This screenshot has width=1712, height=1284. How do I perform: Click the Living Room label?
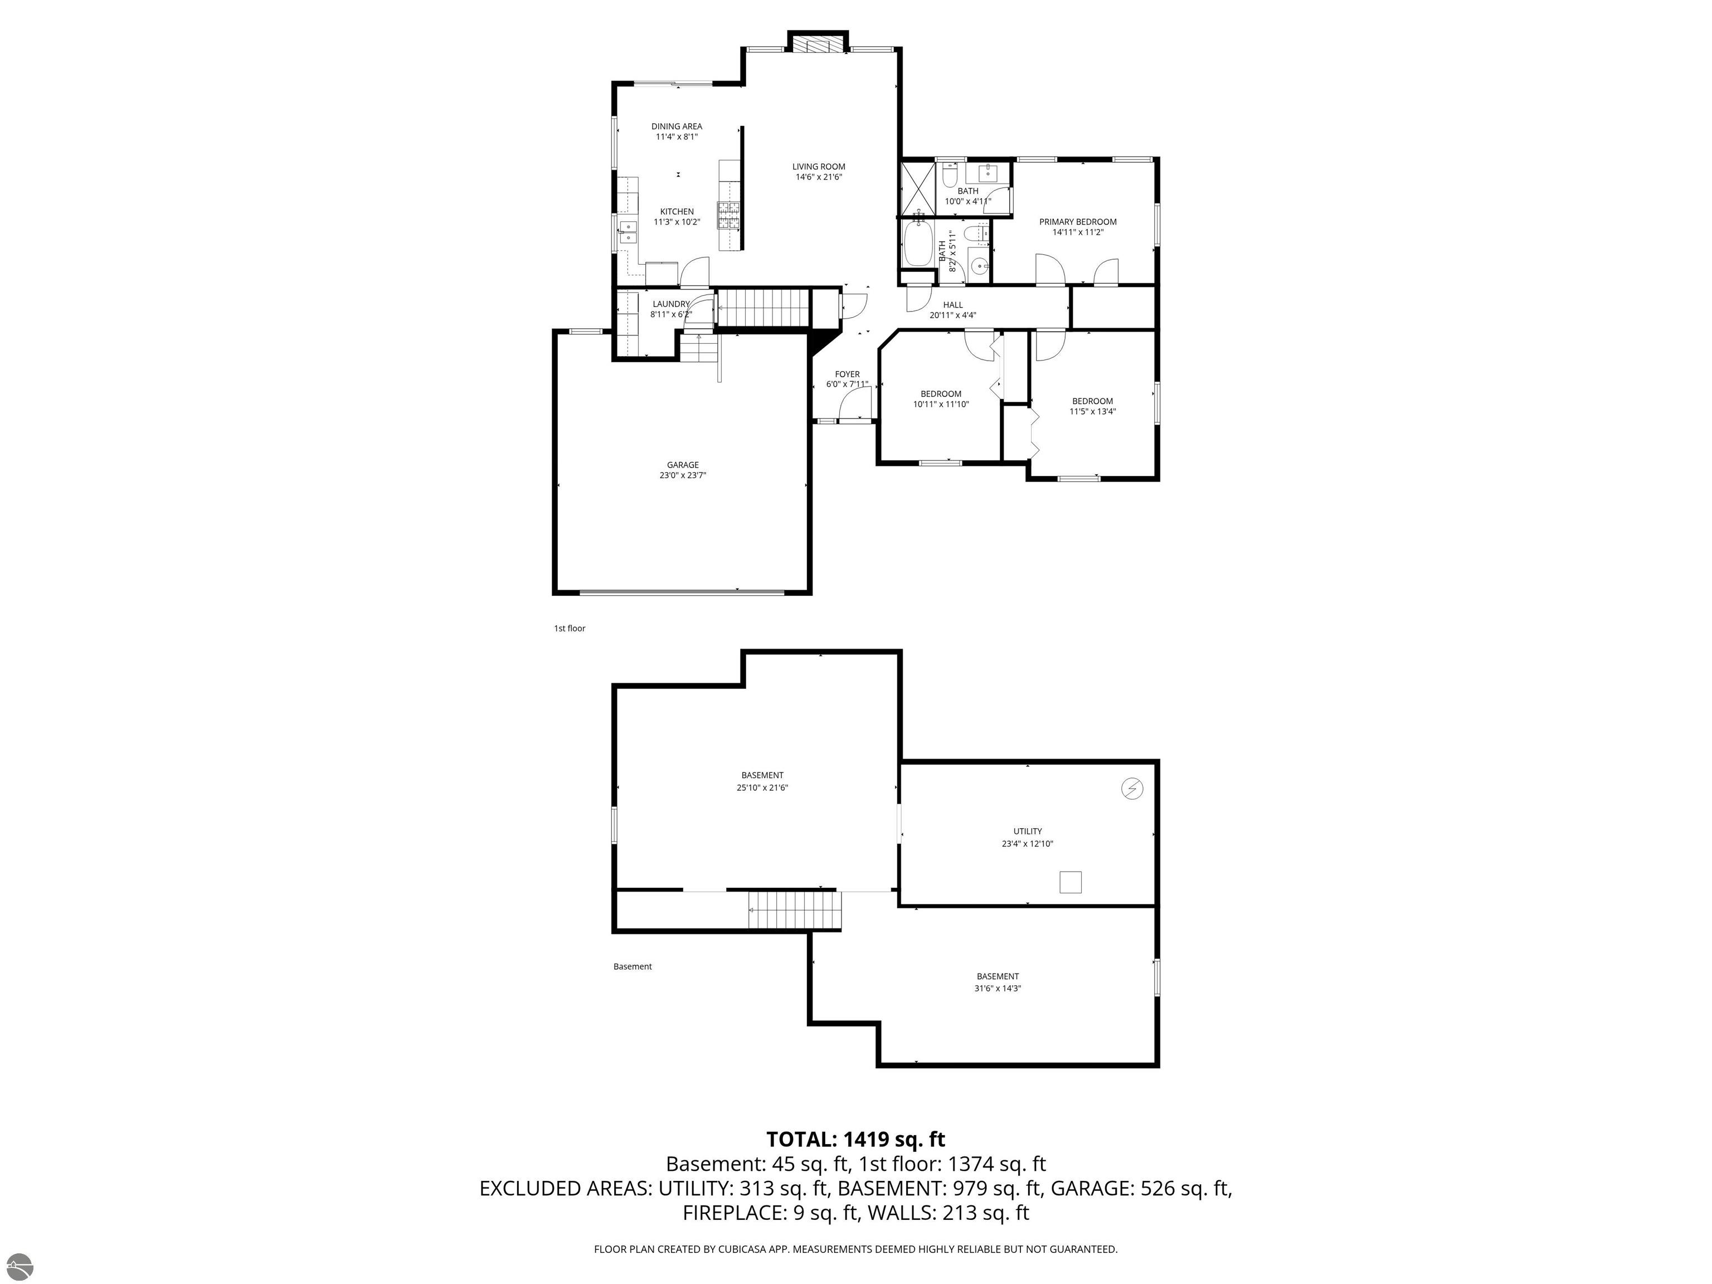(818, 167)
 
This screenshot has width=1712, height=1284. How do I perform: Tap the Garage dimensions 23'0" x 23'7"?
(683, 476)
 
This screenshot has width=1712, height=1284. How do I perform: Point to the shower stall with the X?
(918, 187)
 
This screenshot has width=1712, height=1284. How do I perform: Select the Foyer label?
(847, 374)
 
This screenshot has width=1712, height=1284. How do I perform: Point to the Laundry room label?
(670, 304)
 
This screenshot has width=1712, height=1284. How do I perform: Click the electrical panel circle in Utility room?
(1131, 789)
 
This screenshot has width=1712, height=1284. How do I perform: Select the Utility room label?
(1027, 831)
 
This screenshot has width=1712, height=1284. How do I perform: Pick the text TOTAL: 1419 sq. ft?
(855, 1139)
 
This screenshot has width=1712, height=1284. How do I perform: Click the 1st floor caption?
(569, 629)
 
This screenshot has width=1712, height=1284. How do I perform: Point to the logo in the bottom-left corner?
(17, 1267)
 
